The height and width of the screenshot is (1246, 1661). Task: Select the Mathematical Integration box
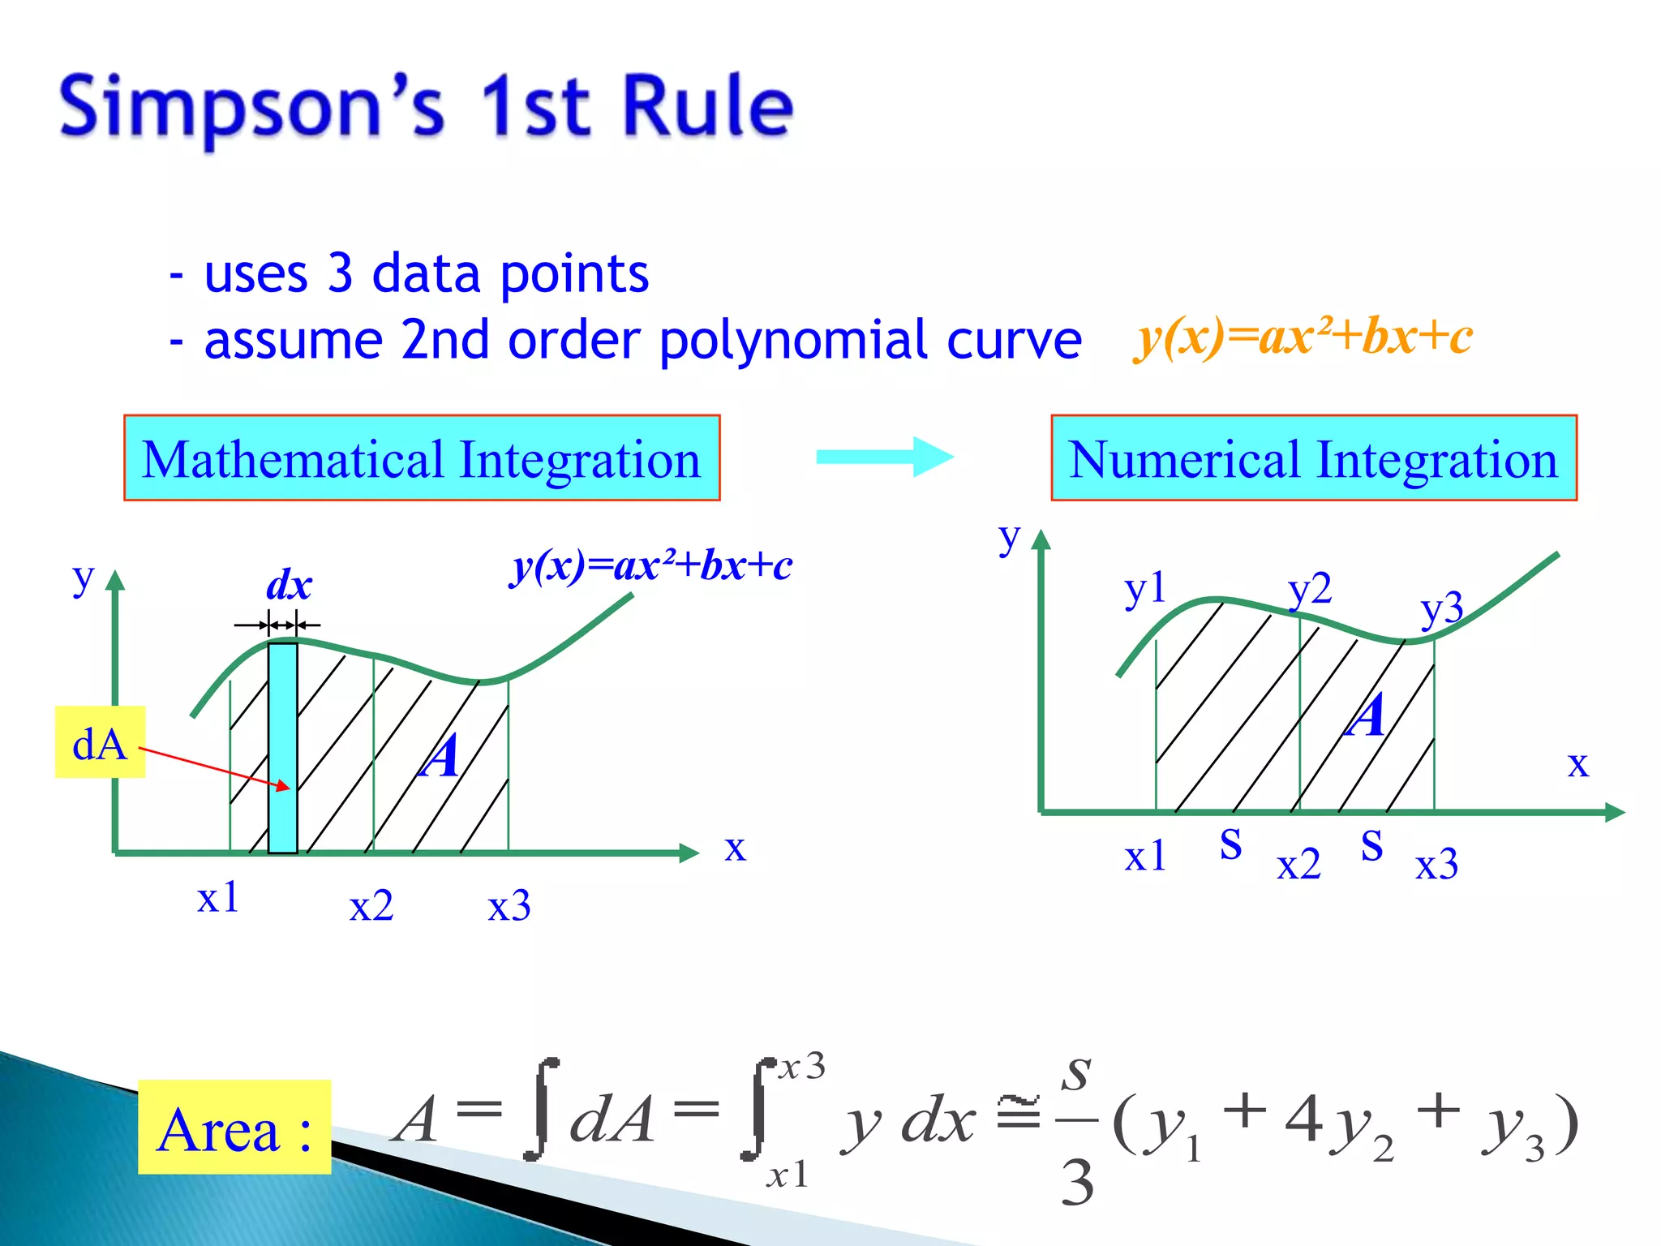[422, 458]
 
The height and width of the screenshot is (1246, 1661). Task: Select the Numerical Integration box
[1314, 458]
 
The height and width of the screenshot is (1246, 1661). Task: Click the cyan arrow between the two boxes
[884, 457]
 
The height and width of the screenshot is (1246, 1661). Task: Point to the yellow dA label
[100, 742]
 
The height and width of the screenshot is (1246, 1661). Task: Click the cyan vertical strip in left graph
[283, 746]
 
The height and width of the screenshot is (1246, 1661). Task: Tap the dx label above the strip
[289, 584]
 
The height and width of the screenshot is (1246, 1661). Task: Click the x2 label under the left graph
[371, 905]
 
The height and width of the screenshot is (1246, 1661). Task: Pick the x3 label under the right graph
[1436, 864]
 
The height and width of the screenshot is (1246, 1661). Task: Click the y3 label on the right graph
[1441, 608]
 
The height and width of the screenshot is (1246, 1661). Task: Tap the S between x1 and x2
[1230, 844]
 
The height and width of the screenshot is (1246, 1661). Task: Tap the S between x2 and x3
[1371, 845]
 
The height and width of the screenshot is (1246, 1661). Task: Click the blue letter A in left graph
[440, 756]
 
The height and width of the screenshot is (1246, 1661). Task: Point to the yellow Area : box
[234, 1127]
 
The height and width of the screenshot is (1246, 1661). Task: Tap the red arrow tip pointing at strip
[285, 786]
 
